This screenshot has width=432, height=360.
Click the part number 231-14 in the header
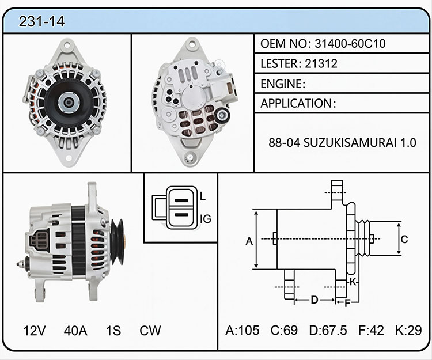coord(41,21)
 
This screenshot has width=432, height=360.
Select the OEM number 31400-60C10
coord(350,44)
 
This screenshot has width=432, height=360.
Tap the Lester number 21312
coord(321,63)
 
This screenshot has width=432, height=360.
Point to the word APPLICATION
coord(297,103)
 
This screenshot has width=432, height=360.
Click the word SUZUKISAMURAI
coord(350,143)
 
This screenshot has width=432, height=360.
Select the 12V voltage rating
coord(35,331)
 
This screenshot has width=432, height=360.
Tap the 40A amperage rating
coord(75,331)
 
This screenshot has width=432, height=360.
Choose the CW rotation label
coord(150,331)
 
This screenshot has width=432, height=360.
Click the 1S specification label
coord(113,331)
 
